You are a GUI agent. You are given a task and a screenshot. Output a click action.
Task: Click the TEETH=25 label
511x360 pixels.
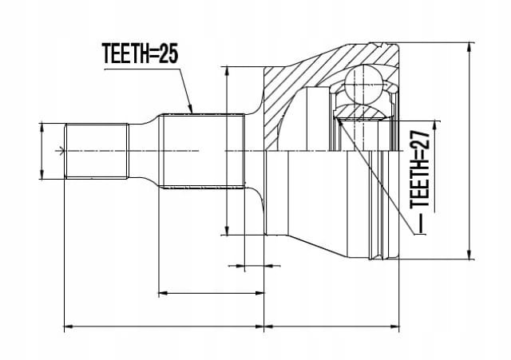tap(141, 53)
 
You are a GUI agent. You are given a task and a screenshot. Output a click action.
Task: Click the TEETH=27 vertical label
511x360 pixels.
tap(420, 171)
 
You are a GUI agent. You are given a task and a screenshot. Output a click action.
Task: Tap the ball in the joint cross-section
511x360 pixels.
tap(363, 82)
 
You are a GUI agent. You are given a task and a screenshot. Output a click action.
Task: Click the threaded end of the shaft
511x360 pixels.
tap(97, 151)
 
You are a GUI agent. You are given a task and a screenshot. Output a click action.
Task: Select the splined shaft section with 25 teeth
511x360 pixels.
tap(204, 151)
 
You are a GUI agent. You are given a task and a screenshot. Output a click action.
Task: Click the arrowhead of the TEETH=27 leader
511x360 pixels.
tap(339, 122)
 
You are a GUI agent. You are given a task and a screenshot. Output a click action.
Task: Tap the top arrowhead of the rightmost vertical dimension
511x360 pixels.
tap(469, 48)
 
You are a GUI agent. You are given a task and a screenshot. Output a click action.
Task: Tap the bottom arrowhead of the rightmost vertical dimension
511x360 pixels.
tap(469, 255)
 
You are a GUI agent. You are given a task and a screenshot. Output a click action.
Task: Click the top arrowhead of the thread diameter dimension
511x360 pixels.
tap(42, 129)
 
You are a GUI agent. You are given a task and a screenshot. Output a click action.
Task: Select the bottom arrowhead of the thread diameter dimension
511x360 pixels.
tap(42, 174)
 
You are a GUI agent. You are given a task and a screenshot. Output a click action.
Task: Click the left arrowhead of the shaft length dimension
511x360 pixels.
tap(69, 326)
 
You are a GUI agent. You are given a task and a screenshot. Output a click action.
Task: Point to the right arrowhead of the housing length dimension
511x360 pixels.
tap(394, 326)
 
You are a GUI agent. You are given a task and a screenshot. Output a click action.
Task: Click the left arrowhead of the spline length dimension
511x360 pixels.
tap(163, 293)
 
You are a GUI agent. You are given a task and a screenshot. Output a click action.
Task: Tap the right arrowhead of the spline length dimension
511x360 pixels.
tap(259, 293)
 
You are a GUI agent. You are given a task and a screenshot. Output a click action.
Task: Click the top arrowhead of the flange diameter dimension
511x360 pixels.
tap(227, 72)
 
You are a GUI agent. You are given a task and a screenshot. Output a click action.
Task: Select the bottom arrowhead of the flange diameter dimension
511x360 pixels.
tap(227, 230)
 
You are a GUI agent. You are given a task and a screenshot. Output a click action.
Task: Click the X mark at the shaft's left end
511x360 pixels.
tap(61, 151)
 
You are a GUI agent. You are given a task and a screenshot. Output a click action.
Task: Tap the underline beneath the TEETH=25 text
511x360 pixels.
tap(141, 69)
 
